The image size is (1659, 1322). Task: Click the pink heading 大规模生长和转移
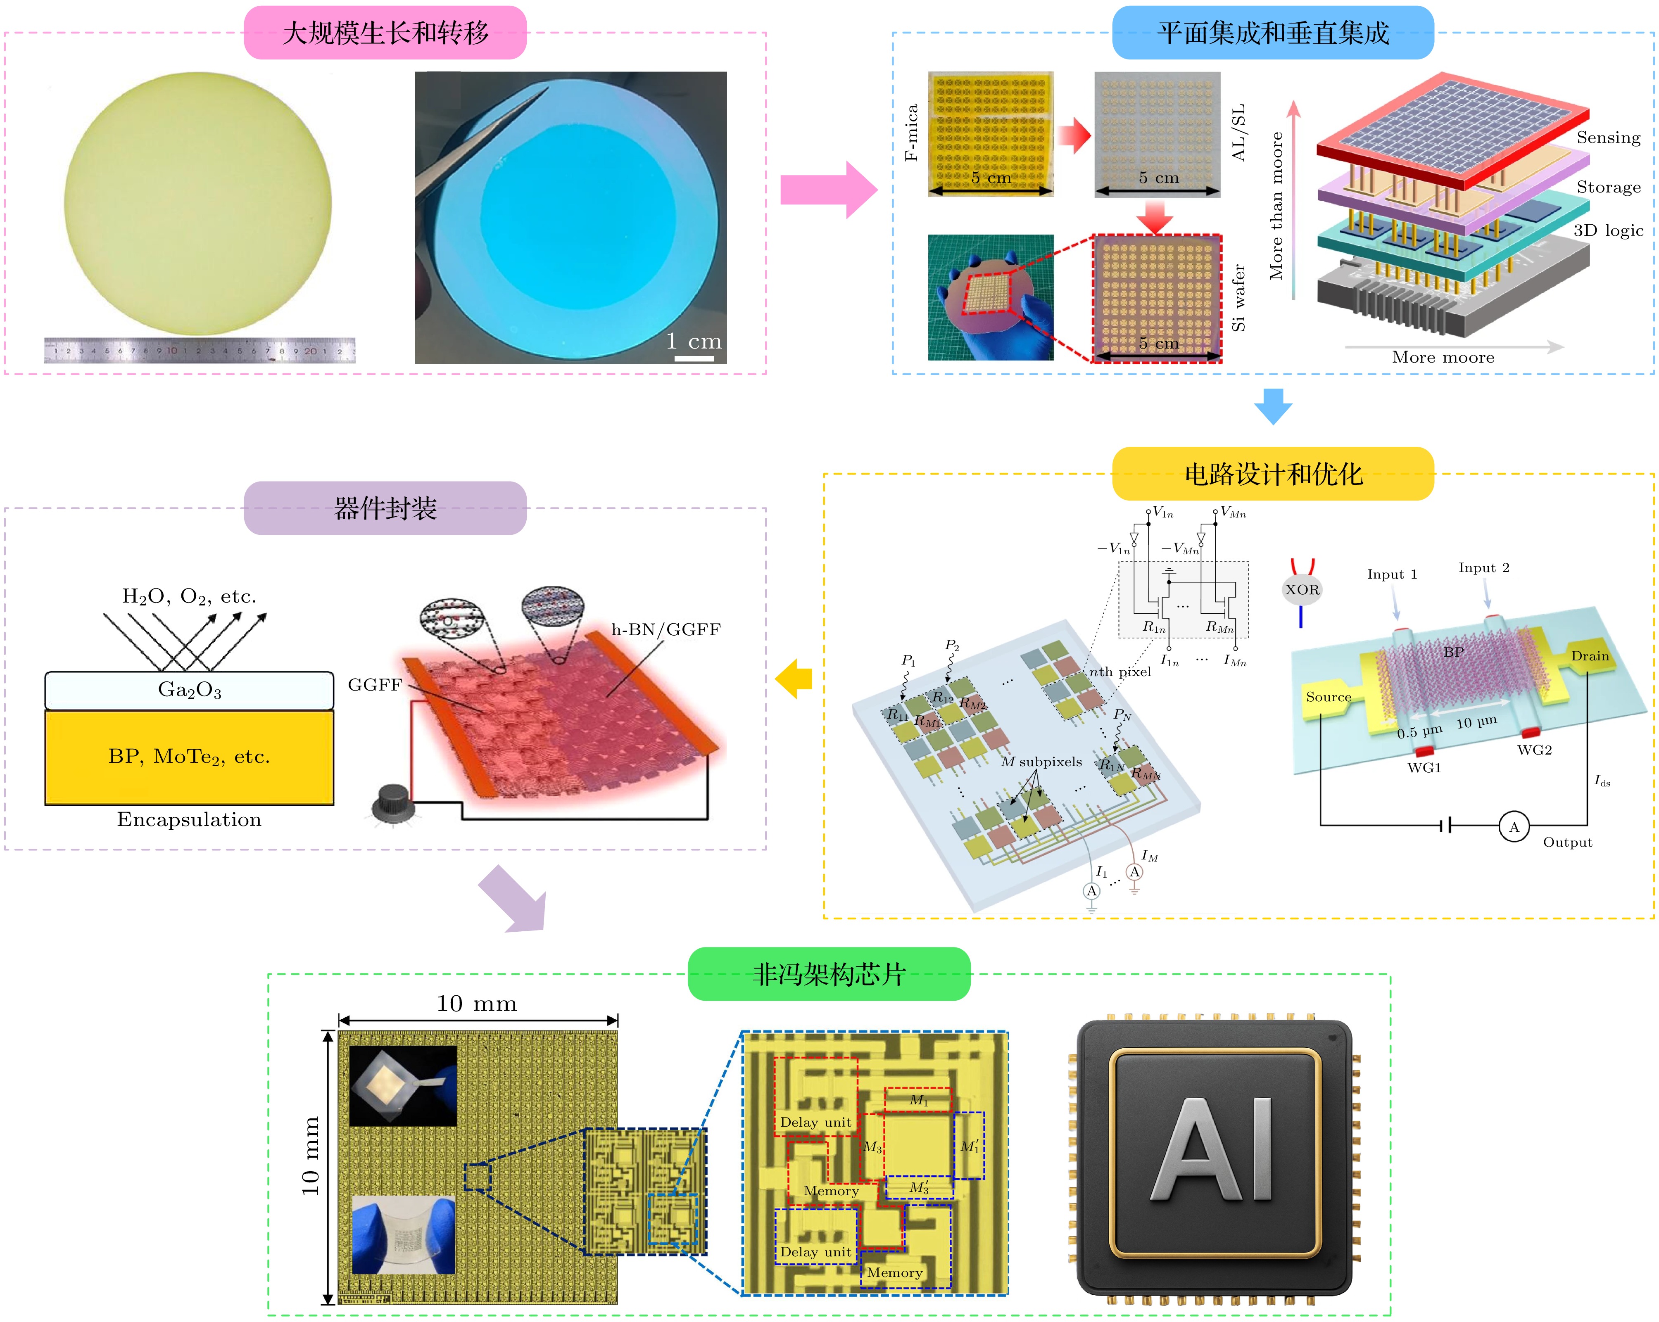coord(385,32)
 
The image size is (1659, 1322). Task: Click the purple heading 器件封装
coord(385,508)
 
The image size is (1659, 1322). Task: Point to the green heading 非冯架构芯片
coord(829,974)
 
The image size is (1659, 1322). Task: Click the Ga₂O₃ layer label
coord(189,689)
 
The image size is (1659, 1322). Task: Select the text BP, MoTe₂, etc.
coord(189,757)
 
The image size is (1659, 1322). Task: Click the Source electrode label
coord(1328,697)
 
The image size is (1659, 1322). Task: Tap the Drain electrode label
coord(1590,655)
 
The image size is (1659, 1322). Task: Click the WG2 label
coord(1534,750)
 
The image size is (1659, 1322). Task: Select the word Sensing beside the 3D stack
coord(1608,138)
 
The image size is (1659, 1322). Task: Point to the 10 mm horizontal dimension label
coord(477,1004)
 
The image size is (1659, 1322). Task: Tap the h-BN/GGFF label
coord(666,629)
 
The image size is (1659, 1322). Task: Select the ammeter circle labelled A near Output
coord(1514,827)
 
